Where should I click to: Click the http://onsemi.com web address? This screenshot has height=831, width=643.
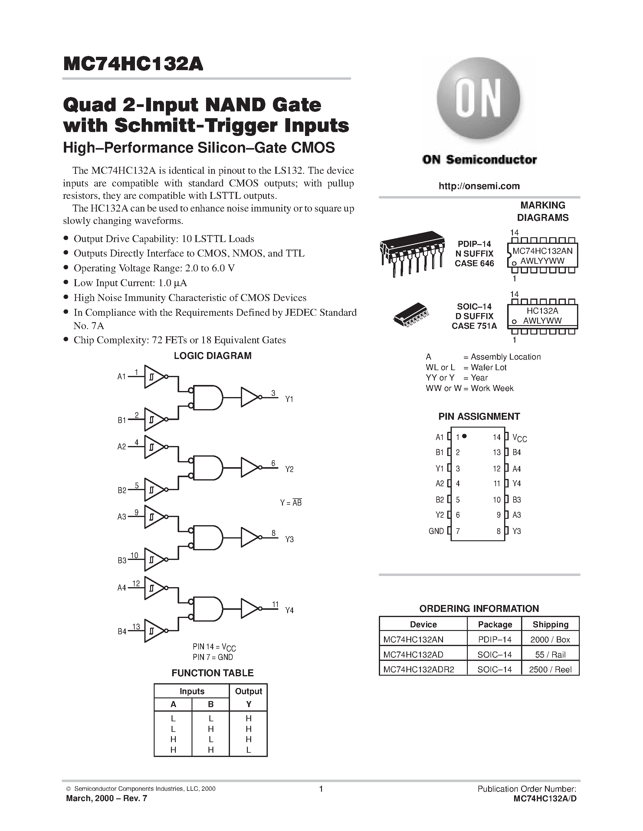click(x=479, y=186)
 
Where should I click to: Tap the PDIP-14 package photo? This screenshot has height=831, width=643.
click(x=412, y=253)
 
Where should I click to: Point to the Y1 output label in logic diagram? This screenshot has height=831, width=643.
click(x=289, y=399)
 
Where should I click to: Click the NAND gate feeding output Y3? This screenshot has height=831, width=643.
click(x=207, y=538)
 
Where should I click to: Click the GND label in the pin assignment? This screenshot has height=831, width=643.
click(x=436, y=531)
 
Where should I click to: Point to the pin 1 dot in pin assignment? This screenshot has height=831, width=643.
click(x=464, y=436)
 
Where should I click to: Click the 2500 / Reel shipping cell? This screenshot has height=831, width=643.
click(x=550, y=670)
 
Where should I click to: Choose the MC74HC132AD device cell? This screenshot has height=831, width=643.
click(x=413, y=655)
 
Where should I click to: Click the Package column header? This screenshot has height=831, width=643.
click(x=495, y=624)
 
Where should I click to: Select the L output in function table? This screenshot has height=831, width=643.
click(x=248, y=750)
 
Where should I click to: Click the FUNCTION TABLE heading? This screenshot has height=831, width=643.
click(x=212, y=673)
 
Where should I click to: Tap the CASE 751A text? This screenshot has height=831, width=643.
click(x=474, y=326)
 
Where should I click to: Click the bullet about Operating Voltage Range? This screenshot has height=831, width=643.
click(x=154, y=268)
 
